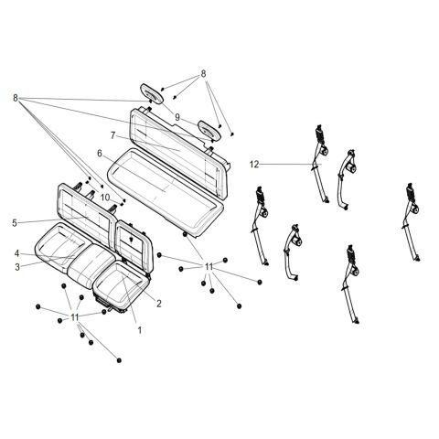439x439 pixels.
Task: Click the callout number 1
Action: [140, 330]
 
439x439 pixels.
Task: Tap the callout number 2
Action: [159, 304]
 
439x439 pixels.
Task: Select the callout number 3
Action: [17, 267]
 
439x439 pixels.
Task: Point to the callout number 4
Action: [17, 253]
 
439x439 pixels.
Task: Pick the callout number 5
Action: [15, 223]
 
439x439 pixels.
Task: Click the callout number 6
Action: [100, 154]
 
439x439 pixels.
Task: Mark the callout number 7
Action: [113, 135]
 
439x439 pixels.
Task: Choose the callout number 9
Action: [177, 117]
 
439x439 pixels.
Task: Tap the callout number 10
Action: [105, 198]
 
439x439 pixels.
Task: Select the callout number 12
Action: [254, 165]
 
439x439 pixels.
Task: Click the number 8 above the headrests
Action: [203, 74]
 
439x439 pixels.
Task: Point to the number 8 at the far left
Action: [16, 98]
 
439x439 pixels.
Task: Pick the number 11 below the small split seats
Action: [75, 317]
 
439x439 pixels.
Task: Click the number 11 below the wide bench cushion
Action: [209, 267]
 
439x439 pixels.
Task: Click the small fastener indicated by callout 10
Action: [123, 202]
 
